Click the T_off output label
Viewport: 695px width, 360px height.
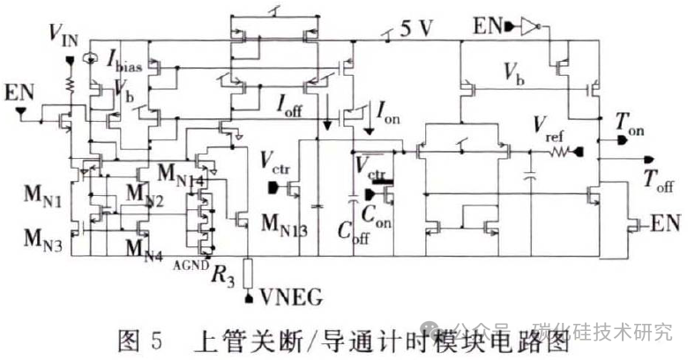pyautogui.click(x=658, y=182)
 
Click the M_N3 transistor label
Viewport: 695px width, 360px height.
pyautogui.click(x=34, y=238)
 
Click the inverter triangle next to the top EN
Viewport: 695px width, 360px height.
pyautogui.click(x=527, y=28)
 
